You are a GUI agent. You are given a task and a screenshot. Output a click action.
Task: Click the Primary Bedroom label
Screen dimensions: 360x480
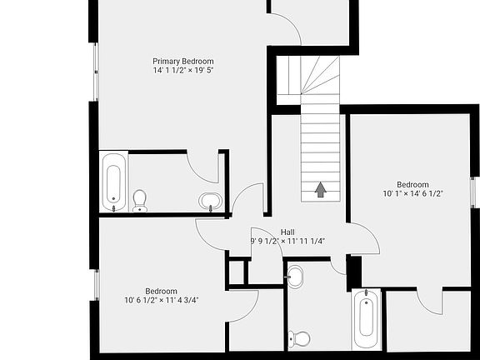182,61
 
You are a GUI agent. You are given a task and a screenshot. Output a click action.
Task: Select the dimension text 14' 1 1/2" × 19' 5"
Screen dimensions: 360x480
182,71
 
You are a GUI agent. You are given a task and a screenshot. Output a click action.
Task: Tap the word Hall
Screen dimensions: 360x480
287,232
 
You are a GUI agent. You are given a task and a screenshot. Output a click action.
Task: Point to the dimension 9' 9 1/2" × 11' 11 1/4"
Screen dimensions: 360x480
287,241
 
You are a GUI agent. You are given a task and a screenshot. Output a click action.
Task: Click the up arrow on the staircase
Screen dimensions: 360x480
320,190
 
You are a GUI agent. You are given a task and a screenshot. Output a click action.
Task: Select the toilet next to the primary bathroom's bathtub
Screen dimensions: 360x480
139,200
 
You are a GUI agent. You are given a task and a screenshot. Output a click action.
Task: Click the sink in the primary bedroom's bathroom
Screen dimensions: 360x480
211,201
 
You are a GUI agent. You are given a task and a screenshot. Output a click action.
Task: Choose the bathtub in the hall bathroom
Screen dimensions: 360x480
365,319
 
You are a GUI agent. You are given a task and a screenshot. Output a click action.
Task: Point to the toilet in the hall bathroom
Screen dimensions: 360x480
299,338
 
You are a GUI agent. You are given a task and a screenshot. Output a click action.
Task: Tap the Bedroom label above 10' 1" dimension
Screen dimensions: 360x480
412,184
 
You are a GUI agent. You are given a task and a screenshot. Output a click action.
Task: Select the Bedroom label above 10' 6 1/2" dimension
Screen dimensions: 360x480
162,291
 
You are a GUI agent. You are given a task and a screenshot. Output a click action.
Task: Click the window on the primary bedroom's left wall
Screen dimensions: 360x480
95,72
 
